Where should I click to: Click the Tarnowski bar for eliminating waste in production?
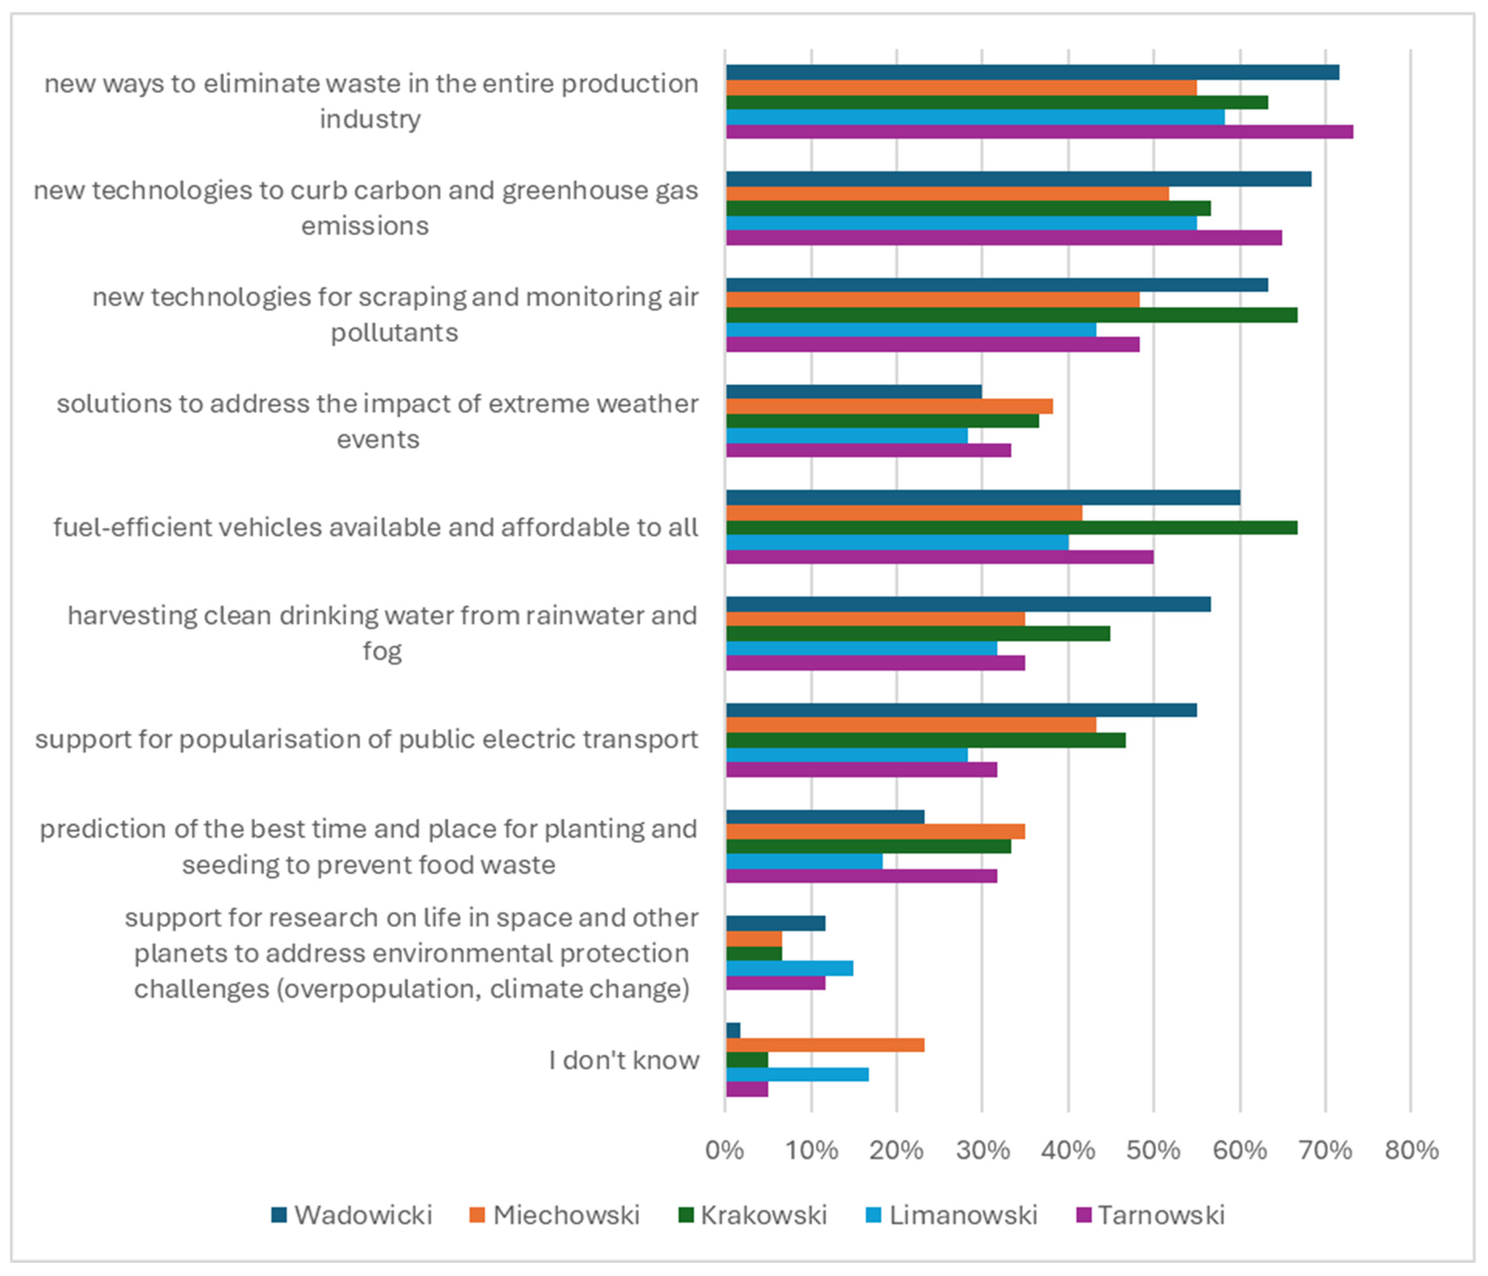[x=1039, y=132]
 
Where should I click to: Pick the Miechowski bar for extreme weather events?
[x=889, y=406]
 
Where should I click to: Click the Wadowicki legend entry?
[x=352, y=1215]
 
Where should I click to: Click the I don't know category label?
[x=623, y=1060]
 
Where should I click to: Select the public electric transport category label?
[x=366, y=739]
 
